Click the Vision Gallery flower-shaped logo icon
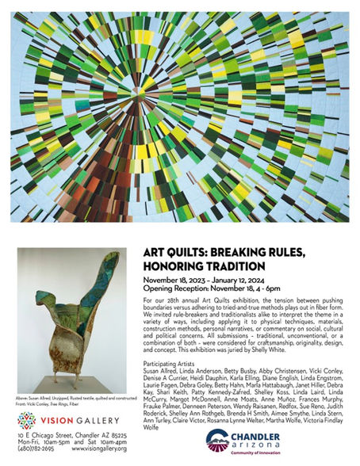point(26,421)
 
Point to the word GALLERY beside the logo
point(87,421)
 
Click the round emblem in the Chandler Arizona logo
point(217,441)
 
